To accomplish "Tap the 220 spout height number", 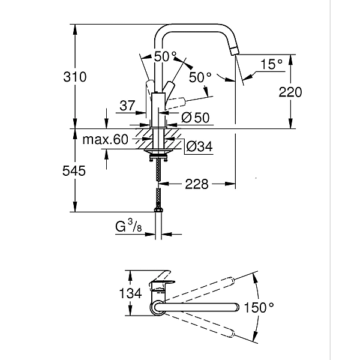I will click(290, 92).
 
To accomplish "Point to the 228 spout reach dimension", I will click(196, 184).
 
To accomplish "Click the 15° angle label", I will click(271, 64).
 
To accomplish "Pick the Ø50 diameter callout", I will click(194, 118).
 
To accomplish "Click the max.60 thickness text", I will click(106, 140).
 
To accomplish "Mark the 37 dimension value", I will click(127, 106).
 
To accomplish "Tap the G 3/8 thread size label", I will click(128, 226).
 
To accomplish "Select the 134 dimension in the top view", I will click(130, 293).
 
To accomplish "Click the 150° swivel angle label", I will click(259, 307).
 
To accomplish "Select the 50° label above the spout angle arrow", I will click(166, 56).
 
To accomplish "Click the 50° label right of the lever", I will click(200, 77).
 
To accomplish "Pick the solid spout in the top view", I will click(198, 308).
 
